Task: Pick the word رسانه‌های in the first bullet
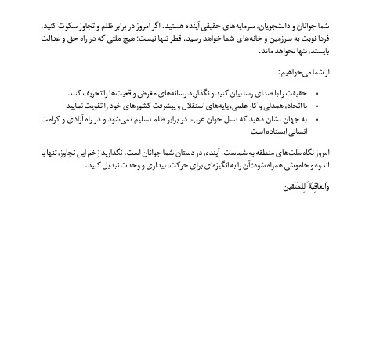coord(152,92)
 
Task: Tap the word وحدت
coord(92,167)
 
